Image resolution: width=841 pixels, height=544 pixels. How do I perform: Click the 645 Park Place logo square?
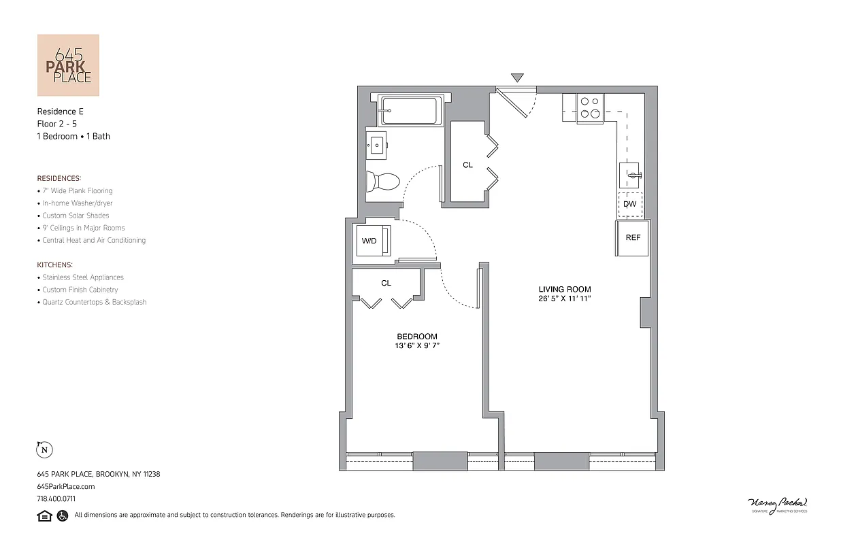[x=68, y=65]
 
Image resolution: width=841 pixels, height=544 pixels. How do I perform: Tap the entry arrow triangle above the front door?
[x=517, y=78]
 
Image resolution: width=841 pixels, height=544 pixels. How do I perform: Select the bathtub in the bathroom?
[x=410, y=111]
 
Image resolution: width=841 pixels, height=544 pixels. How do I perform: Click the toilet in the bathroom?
[x=382, y=182]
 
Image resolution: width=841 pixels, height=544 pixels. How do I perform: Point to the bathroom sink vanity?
[x=376, y=144]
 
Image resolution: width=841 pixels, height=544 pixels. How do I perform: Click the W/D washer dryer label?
[x=369, y=241]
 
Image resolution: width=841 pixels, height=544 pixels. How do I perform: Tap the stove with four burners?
[x=589, y=108]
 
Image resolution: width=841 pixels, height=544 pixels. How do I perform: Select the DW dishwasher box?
[x=630, y=204]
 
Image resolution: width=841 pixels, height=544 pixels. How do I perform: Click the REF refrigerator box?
[x=633, y=237]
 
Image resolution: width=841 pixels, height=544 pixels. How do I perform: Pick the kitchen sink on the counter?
[x=631, y=175]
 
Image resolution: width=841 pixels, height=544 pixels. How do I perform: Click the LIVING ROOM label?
[x=565, y=289]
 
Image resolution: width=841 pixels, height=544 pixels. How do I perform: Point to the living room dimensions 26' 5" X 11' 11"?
[x=565, y=299]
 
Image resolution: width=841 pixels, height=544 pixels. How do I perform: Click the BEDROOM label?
[x=417, y=337]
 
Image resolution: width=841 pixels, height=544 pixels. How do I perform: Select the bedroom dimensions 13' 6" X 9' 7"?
[x=417, y=346]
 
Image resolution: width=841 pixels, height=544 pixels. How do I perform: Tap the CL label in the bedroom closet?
[x=386, y=283]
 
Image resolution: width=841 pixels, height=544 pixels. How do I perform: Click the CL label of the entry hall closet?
[x=467, y=165]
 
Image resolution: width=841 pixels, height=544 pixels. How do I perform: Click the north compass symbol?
[x=44, y=449]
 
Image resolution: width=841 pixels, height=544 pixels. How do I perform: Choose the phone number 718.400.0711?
[x=56, y=498]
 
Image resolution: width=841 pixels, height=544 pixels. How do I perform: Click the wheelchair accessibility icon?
[x=62, y=515]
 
